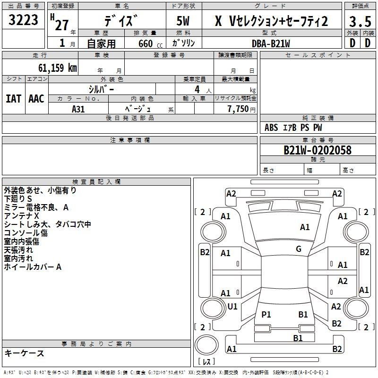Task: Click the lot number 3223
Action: point(24,21)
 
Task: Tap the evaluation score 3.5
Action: point(360,21)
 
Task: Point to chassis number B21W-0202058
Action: point(317,150)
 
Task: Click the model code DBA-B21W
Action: point(271,43)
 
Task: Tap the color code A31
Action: point(78,108)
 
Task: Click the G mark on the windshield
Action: point(299,249)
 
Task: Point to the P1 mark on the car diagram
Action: point(266,314)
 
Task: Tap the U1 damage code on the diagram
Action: point(232,307)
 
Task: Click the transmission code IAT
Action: point(13,99)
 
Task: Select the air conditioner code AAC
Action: point(36,99)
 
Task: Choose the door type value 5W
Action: point(185,21)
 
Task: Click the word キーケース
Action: point(24,353)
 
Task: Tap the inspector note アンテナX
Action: point(21,215)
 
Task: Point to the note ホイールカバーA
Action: point(33,267)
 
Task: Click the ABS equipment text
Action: point(271,128)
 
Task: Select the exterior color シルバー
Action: point(102,88)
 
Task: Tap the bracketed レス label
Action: point(206,362)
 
